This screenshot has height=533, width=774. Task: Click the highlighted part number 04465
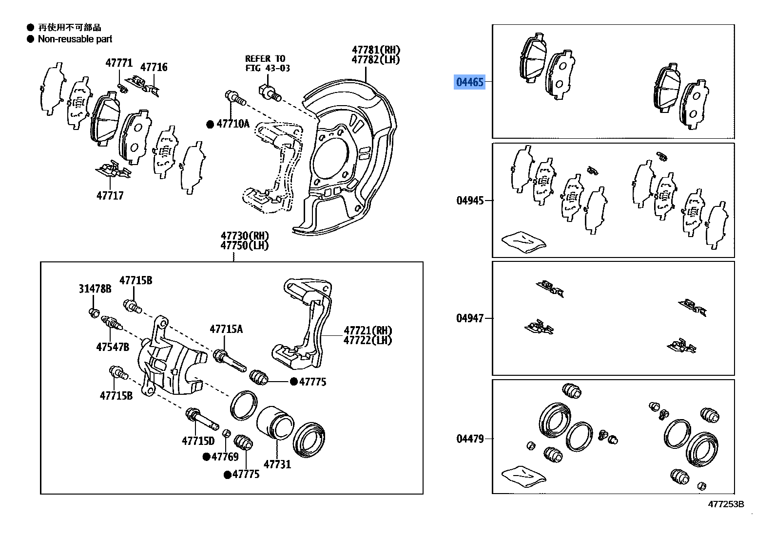469,82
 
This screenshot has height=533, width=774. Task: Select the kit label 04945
470,200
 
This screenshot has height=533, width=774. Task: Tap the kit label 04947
470,318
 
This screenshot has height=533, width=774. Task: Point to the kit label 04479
470,439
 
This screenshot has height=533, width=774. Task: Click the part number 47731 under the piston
277,464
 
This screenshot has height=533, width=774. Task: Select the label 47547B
113,347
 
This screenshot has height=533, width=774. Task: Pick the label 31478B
95,289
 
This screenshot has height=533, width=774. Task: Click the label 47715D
198,441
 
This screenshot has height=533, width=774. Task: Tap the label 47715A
226,329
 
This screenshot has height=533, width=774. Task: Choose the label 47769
225,457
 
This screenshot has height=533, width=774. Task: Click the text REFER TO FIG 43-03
267,63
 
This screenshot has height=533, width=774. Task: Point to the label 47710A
232,124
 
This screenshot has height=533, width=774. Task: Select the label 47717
110,195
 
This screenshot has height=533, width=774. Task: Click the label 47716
154,67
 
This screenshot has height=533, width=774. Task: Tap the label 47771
119,63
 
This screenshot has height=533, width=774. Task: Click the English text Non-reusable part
75,39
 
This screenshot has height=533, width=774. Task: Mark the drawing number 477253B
726,504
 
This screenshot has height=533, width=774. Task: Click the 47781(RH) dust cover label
376,50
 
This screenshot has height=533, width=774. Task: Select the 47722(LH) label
368,340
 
